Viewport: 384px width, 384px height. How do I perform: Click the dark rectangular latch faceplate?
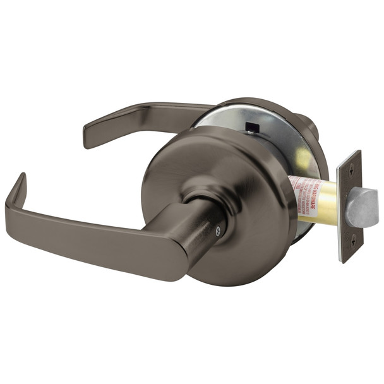tap(349, 205)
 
